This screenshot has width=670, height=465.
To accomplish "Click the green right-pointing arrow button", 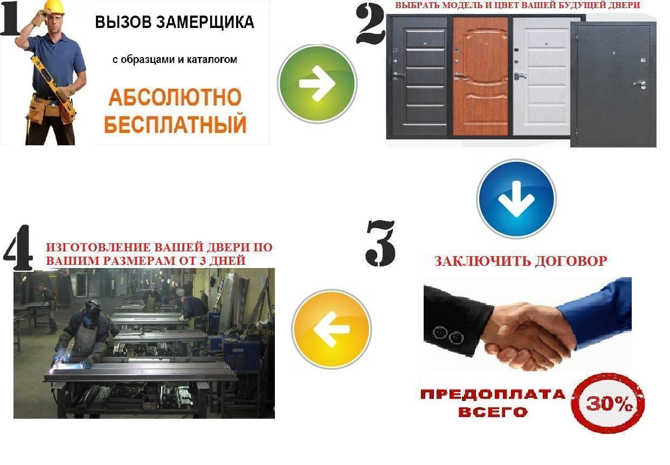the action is click(x=317, y=83).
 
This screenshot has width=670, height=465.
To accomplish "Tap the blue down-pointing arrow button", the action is click(x=516, y=199).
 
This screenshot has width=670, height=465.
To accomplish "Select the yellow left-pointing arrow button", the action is click(x=331, y=329).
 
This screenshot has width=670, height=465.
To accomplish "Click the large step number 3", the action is click(x=381, y=243).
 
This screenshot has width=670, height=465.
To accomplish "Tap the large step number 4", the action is click(x=18, y=248).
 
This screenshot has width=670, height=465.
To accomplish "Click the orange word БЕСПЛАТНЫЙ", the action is click(x=175, y=124).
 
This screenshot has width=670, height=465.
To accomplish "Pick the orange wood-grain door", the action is click(x=480, y=76).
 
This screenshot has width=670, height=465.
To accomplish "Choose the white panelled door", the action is click(x=541, y=76).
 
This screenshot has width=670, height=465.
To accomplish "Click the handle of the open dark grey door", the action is click(x=641, y=83).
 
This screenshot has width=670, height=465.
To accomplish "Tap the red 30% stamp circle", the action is click(x=608, y=404).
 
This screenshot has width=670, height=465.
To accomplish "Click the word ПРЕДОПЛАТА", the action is click(x=493, y=394).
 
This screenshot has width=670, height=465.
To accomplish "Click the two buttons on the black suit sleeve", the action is click(x=448, y=335).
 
